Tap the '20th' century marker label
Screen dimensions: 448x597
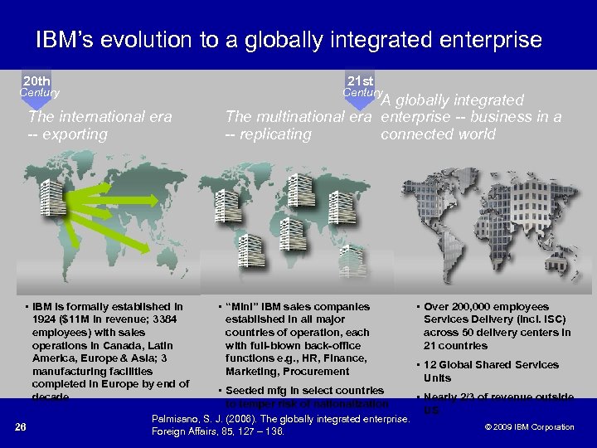pyautogui.click(x=36, y=81)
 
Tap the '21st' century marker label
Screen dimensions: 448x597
pyautogui.click(x=361, y=81)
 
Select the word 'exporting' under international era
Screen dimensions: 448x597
pyautogui.click(x=75, y=134)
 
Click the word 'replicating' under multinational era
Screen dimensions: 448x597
pyautogui.click(x=274, y=134)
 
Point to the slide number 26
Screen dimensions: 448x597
pyautogui.click(x=22, y=427)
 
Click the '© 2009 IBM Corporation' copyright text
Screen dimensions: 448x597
pyautogui.click(x=529, y=427)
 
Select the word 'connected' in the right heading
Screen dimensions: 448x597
pyautogui.click(x=413, y=134)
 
